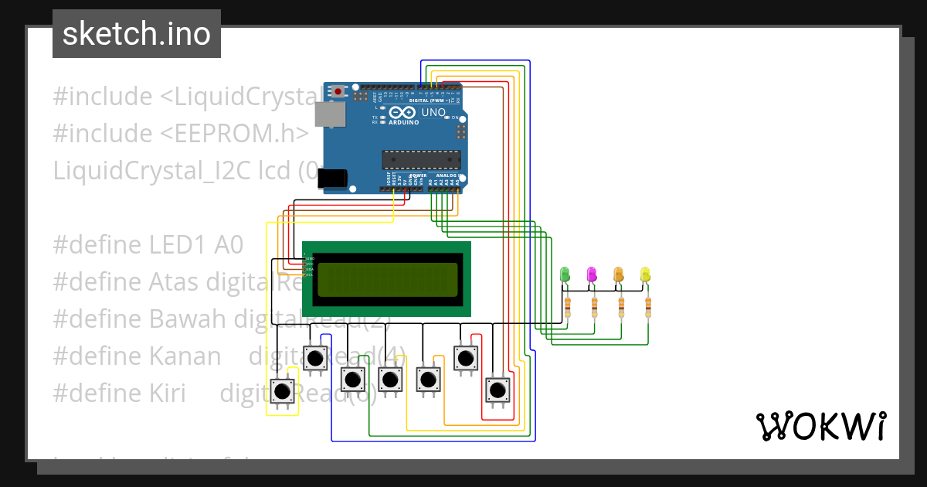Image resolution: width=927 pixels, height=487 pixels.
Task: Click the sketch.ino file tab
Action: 136,34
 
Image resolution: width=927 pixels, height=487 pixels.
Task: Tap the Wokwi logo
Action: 820,426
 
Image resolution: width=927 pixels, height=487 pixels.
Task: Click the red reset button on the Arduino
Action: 338,91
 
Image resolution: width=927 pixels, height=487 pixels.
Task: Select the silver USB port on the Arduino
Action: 331,114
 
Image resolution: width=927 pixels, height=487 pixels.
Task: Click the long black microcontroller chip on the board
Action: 421,160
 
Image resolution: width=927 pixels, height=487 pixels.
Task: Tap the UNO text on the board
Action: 433,112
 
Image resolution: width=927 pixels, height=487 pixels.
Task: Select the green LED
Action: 565,274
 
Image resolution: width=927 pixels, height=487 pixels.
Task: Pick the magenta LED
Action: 592,274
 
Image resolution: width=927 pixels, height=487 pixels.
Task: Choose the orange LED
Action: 619,274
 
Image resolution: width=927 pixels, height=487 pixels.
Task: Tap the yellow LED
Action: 646,274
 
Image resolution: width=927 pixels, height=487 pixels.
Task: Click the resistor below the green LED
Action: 568,307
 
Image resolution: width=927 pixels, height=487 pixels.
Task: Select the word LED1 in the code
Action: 178,245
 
